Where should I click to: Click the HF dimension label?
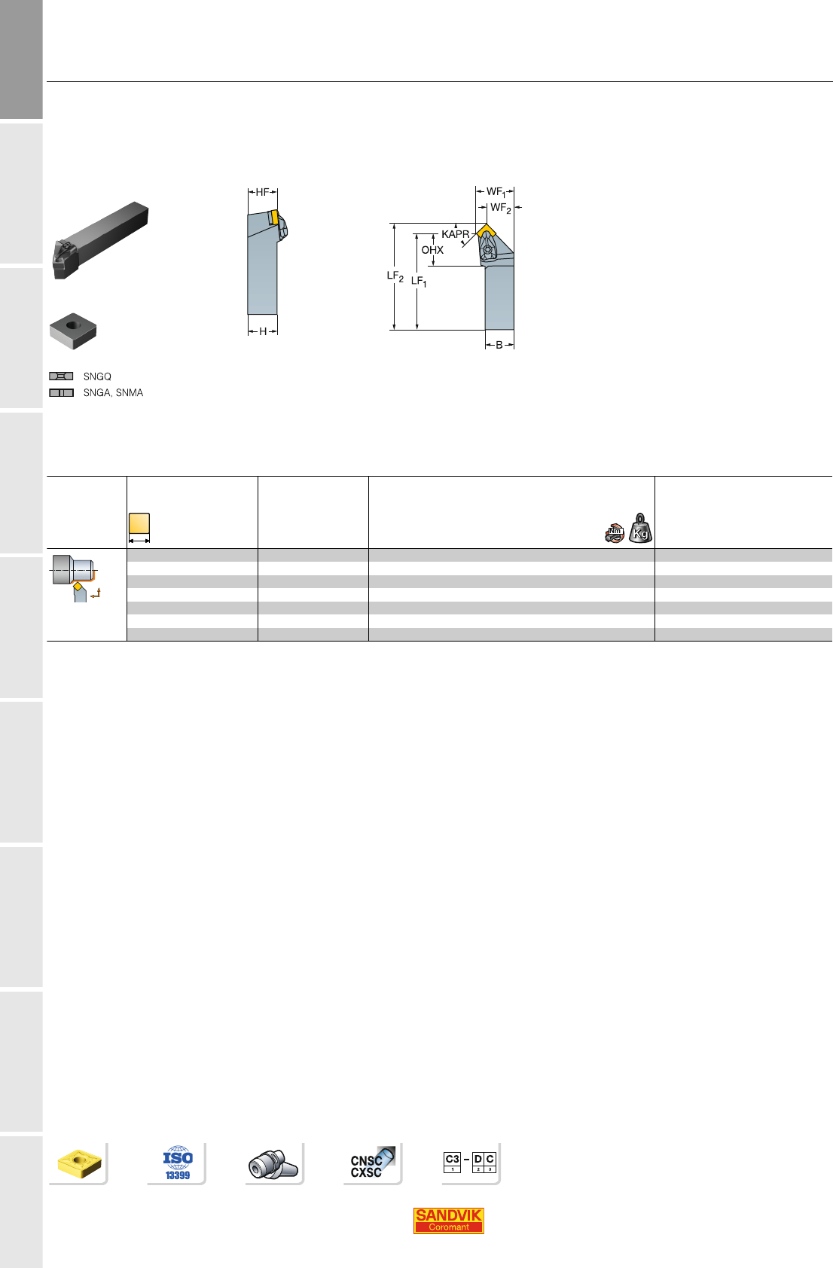(x=262, y=193)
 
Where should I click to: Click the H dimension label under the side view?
(x=263, y=332)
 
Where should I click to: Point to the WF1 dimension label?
(x=496, y=192)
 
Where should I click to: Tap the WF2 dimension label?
(x=501, y=208)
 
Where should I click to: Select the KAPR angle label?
(x=456, y=234)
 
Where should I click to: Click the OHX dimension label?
(x=432, y=250)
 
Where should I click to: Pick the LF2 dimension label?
(x=395, y=276)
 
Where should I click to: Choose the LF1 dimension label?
(x=419, y=282)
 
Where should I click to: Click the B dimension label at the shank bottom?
(x=499, y=346)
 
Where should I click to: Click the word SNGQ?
(x=97, y=376)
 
